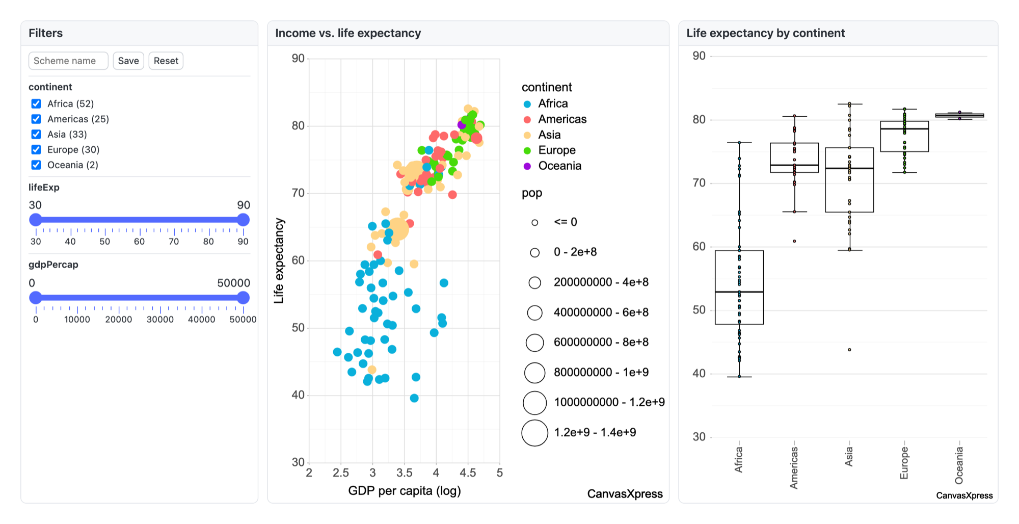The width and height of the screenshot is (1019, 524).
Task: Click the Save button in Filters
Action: [128, 61]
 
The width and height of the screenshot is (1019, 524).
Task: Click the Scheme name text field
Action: [68, 61]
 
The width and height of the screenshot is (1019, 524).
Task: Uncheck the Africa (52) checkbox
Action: [36, 104]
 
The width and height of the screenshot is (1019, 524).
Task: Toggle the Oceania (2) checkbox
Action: [36, 165]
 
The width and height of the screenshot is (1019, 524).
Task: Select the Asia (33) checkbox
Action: [36, 135]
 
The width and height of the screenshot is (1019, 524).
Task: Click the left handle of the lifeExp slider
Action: [36, 220]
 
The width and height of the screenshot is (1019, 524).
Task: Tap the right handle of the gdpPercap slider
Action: [244, 298]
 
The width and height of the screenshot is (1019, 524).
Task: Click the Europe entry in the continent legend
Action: [557, 150]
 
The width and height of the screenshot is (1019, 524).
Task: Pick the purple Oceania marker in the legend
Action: [527, 166]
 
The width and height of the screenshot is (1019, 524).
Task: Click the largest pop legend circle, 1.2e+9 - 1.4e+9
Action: [535, 433]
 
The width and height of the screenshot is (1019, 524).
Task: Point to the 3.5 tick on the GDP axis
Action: [404, 473]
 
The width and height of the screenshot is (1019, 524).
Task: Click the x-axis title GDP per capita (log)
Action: [405, 491]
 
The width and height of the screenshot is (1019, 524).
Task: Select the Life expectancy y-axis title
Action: [279, 260]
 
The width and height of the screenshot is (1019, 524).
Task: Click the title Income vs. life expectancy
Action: [348, 33]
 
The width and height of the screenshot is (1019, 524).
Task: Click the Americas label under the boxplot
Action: [794, 467]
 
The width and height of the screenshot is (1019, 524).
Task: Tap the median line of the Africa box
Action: [739, 292]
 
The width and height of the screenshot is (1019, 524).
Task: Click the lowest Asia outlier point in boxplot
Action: [849, 350]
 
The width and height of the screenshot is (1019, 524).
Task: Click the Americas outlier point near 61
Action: [794, 241]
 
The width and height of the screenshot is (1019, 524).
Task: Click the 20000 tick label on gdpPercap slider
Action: [119, 320]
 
